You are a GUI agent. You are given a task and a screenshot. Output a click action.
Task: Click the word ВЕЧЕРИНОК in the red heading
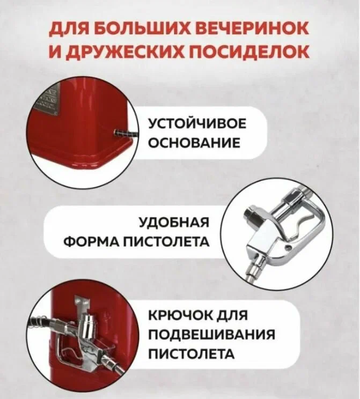[253, 28]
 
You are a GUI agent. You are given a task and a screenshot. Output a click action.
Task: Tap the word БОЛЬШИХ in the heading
[144, 29]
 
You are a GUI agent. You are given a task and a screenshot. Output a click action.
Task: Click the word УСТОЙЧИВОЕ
[197, 124]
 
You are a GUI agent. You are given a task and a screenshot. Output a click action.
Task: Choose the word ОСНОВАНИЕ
[194, 143]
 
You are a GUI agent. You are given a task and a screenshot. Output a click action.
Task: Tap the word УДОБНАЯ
[174, 222]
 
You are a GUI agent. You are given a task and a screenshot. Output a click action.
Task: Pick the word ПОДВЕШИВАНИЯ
[211, 334]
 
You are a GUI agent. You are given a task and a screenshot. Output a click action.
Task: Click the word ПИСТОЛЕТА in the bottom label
[191, 354]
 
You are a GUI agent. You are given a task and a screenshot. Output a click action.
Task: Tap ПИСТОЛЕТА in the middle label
[166, 241]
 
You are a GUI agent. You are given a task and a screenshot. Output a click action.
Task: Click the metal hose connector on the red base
[124, 132]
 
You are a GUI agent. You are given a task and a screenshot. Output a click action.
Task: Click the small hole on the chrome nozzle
[288, 247]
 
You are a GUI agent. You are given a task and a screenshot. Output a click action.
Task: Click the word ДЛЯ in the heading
[70, 29]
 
